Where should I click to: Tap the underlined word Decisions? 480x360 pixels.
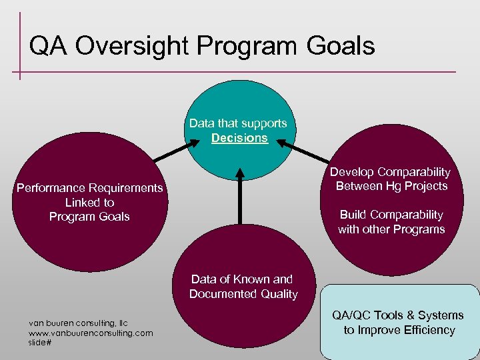tap(239, 138)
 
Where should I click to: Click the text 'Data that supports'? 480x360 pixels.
tap(238, 123)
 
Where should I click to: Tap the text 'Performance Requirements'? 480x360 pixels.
tap(89, 188)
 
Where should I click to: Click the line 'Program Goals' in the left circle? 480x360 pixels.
tap(89, 217)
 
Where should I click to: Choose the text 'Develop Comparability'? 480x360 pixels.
tap(391, 172)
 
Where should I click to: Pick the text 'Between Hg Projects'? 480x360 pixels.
tap(391, 186)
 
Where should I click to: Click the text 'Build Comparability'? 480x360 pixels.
tap(391, 215)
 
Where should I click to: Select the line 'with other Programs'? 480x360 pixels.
tap(391, 229)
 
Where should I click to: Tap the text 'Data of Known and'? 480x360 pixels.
tap(242, 279)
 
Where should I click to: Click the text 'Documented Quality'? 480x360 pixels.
tap(243, 294)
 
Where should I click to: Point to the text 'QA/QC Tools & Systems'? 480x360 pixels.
tap(399, 315)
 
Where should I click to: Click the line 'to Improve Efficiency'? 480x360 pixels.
tap(399, 330)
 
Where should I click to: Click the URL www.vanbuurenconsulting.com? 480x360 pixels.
tap(91, 332)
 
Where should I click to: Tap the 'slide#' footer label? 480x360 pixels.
tap(40, 342)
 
